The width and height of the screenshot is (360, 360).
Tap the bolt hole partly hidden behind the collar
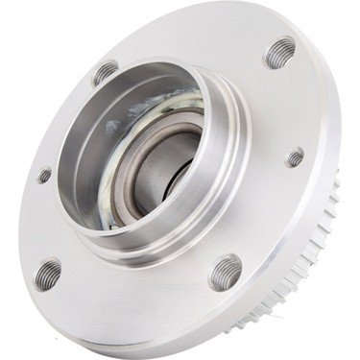click(x=106, y=72)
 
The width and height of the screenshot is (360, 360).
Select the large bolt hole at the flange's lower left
click(x=48, y=277)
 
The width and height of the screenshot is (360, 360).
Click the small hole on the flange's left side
click(x=44, y=176)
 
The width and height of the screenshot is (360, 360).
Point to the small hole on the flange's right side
click(x=295, y=156)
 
